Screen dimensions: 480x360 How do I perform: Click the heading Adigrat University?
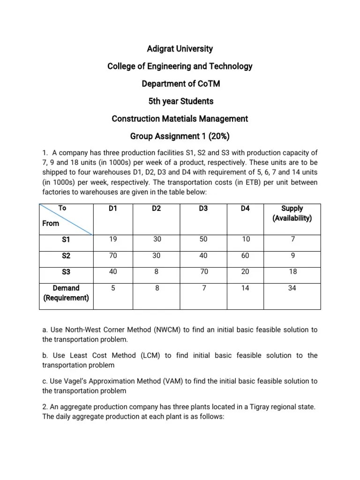tap(180, 49)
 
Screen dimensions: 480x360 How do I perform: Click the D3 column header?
tap(203, 209)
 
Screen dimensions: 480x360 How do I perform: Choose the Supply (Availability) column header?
tap(292, 213)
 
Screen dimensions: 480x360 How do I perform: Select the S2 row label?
tap(66, 256)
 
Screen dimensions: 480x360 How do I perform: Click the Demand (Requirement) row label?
tap(66, 293)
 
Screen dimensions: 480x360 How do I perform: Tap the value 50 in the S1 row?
tap(203, 239)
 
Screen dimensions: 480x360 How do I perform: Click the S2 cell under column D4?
tap(245, 256)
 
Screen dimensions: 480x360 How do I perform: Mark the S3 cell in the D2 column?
tap(157, 272)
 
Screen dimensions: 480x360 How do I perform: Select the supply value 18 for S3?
tap(292, 272)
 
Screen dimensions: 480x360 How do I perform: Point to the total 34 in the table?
tap(292, 289)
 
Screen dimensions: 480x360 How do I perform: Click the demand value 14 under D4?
tap(245, 289)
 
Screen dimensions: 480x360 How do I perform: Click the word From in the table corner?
tap(51, 223)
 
